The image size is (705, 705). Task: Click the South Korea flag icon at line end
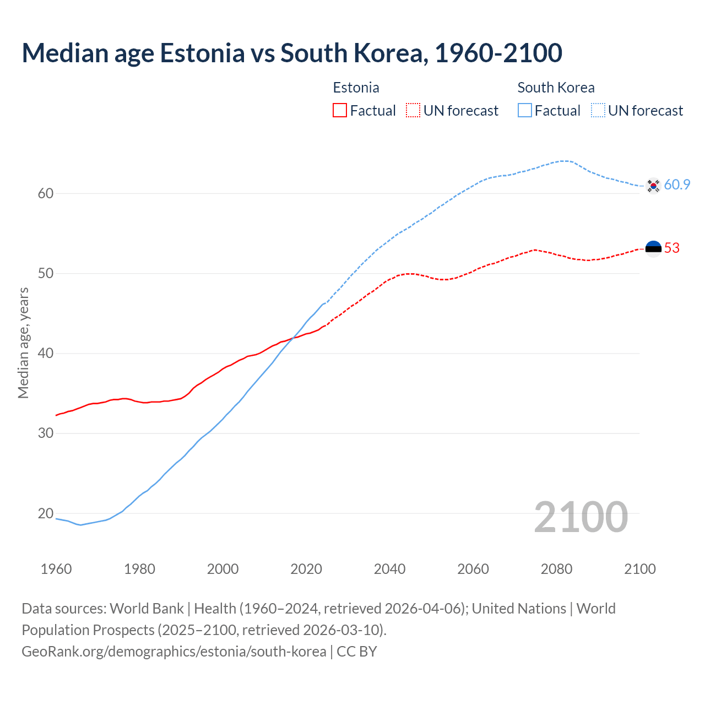point(653,186)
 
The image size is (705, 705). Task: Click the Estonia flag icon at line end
point(653,249)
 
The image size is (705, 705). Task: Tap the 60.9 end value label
point(677,185)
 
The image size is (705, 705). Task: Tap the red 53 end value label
point(672,248)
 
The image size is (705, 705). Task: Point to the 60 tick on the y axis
point(46,193)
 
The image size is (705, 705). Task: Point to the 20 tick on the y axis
point(46,513)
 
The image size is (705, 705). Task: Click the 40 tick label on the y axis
point(46,353)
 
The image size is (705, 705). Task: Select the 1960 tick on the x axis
point(56,569)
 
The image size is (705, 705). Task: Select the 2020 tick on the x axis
point(306,569)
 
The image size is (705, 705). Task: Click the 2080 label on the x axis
point(556,569)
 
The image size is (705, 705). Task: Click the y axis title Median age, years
point(23,343)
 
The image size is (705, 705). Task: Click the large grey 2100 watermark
point(581,517)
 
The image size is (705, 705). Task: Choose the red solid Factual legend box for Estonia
point(340,111)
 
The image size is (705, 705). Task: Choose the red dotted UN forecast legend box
point(413,111)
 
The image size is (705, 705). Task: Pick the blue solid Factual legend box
point(525,111)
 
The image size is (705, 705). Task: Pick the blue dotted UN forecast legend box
point(598,111)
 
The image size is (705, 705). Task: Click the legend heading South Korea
point(556,88)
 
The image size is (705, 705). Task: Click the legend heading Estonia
point(356,88)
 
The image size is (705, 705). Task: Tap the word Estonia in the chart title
point(202,53)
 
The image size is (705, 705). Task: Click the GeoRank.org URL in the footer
point(174,652)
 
